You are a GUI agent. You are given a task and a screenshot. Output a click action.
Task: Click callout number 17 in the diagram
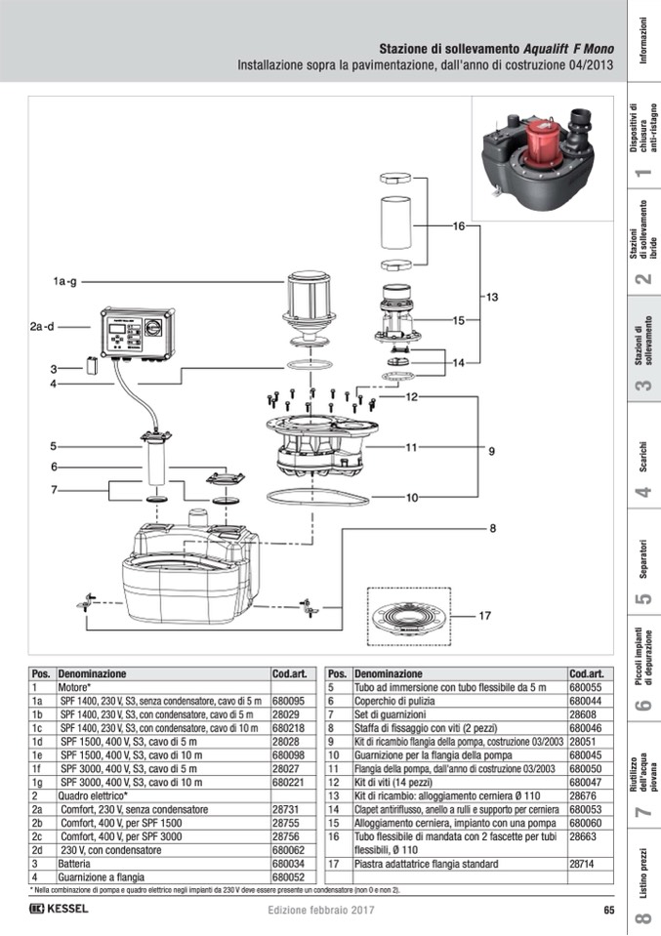coord(485,616)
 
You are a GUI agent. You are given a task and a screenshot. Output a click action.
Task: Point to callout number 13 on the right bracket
coord(491,296)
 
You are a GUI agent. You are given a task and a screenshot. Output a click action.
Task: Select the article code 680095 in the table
coord(289,701)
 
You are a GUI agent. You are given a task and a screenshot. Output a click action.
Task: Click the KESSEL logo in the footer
coord(60,910)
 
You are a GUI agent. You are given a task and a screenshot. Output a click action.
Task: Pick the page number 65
coord(608,911)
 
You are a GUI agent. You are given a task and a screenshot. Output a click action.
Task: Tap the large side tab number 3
coord(643,387)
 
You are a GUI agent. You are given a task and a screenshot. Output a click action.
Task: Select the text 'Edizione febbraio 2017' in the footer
coord(322,911)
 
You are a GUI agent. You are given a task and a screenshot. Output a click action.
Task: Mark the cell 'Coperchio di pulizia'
coord(391,701)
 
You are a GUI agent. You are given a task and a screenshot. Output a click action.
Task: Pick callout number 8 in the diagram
coord(493,528)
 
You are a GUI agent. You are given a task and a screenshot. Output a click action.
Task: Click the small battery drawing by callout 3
coord(93,366)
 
